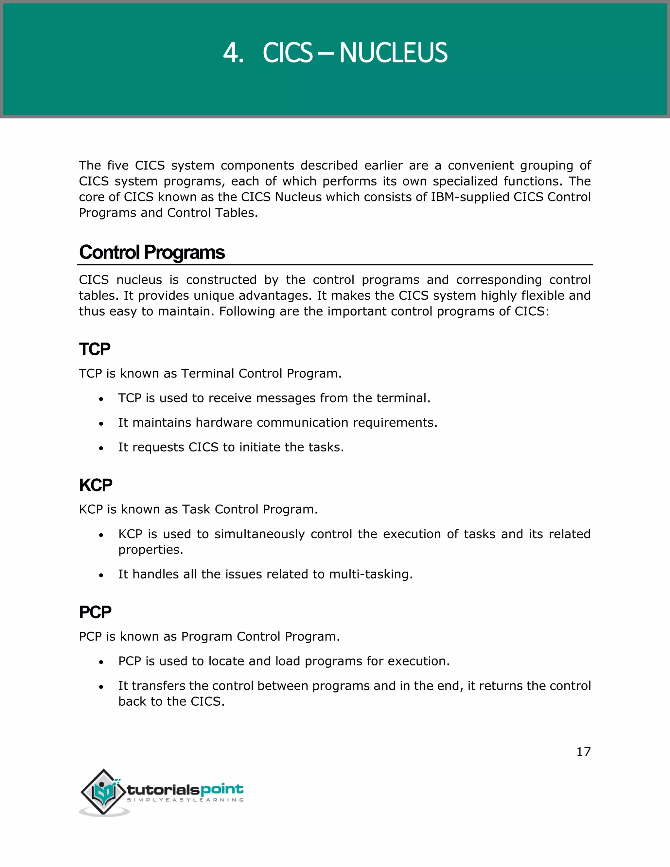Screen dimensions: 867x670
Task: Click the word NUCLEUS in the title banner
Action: click(x=393, y=53)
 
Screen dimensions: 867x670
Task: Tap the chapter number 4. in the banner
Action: click(x=233, y=53)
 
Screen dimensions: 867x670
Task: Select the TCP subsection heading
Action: click(x=95, y=350)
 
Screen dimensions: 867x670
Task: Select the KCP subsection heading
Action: click(x=96, y=486)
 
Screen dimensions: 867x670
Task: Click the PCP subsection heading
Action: click(x=95, y=612)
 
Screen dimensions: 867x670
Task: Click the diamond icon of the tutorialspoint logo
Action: click(x=104, y=792)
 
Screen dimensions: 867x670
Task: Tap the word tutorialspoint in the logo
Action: click(x=185, y=789)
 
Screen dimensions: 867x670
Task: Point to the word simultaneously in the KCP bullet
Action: click(x=259, y=534)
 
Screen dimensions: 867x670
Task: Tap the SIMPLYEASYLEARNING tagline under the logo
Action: click(x=185, y=800)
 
